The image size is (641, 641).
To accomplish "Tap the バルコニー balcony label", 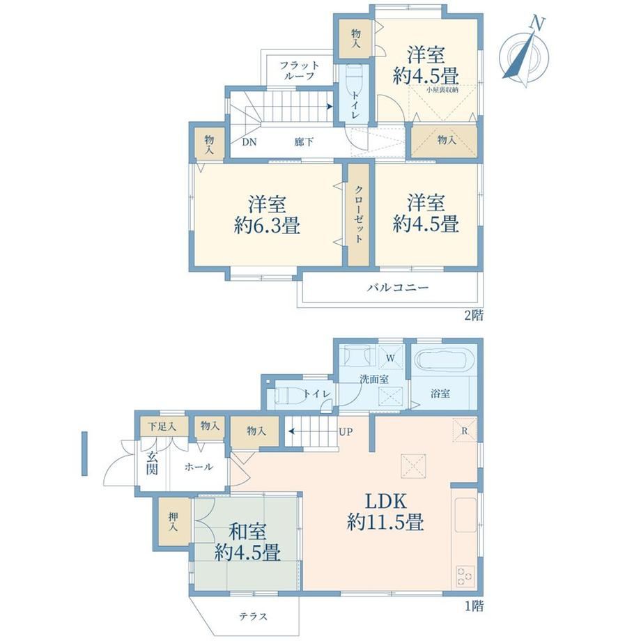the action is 397,287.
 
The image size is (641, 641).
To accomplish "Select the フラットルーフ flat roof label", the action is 299,70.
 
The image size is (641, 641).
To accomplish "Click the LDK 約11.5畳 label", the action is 385,511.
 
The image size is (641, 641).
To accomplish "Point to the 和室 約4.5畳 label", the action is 248,542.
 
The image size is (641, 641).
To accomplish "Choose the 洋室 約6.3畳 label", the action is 268,215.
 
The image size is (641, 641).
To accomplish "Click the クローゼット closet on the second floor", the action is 359,214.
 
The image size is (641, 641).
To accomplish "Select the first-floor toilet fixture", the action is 289,395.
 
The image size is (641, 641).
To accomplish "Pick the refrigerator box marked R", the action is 465,430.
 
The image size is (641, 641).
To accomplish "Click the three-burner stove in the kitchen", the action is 465,576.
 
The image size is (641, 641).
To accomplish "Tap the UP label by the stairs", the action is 346,432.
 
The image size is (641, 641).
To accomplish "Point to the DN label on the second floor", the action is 249,142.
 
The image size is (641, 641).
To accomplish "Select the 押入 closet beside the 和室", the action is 174,522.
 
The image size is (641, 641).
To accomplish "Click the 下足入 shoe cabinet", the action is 162,427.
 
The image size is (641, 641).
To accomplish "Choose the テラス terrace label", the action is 254,617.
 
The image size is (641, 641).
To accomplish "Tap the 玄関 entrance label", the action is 152,463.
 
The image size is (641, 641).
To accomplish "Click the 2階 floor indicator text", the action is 473,316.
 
